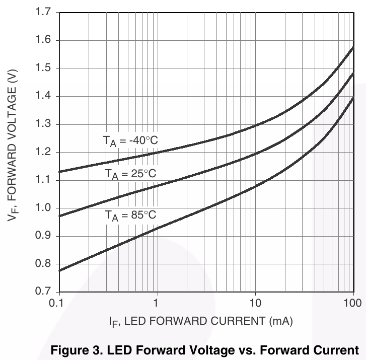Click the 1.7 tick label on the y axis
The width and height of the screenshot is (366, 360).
click(x=45, y=12)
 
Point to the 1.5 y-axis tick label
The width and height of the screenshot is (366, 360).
click(x=45, y=68)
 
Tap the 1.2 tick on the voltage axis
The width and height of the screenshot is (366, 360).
click(x=45, y=152)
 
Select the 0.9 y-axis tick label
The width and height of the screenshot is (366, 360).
click(x=45, y=236)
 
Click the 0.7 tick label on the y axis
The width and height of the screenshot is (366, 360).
click(x=45, y=292)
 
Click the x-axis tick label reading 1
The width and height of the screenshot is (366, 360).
click(x=157, y=303)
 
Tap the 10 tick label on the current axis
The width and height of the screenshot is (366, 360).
click(x=256, y=303)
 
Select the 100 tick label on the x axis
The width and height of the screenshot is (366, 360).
click(x=352, y=303)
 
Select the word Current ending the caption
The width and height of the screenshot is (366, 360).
click(x=340, y=349)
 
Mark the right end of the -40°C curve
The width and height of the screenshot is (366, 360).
click(x=353, y=48)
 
